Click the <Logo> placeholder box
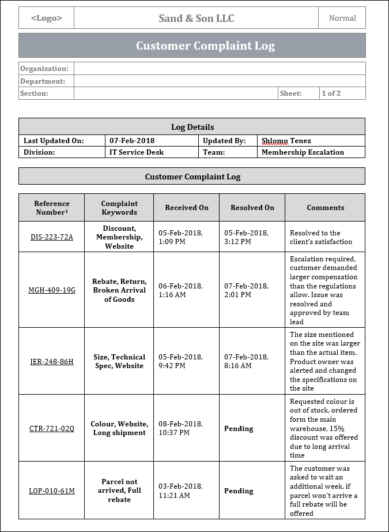(x=46, y=18)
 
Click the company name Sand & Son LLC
(x=196, y=18)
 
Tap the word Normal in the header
(x=342, y=18)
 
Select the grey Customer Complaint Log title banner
(x=192, y=46)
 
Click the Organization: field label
(x=44, y=69)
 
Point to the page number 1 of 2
(x=331, y=93)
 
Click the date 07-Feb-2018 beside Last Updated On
(x=132, y=140)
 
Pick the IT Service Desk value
(x=137, y=152)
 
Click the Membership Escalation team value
(x=303, y=152)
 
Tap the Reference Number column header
(x=51, y=208)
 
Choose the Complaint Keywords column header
(x=119, y=208)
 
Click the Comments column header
(x=325, y=208)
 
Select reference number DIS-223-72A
(x=51, y=237)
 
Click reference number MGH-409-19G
(x=51, y=290)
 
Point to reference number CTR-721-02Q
(x=51, y=429)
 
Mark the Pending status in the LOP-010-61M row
(x=239, y=491)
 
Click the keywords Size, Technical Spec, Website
(x=119, y=361)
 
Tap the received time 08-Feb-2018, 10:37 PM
(x=180, y=429)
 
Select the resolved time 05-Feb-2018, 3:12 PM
(x=246, y=237)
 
